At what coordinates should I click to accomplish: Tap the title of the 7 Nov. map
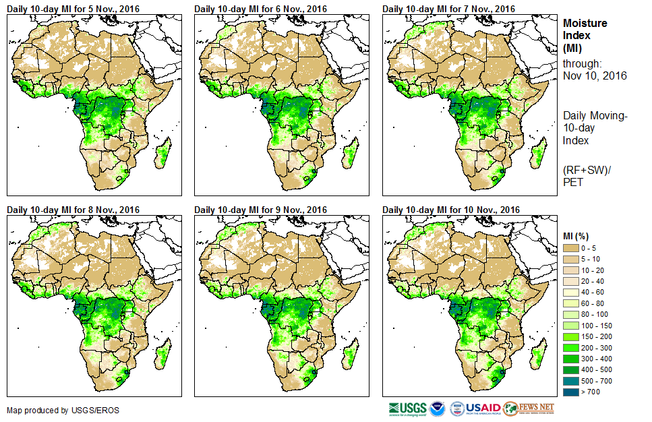(x=448, y=8)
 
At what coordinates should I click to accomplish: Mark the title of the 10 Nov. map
(x=451, y=210)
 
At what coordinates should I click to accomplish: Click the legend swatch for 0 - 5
(x=571, y=248)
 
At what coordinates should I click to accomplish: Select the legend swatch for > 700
(x=571, y=391)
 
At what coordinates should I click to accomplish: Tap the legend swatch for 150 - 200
(x=571, y=336)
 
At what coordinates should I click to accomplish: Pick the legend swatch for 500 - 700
(x=571, y=380)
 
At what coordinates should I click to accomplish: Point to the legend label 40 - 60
(x=593, y=292)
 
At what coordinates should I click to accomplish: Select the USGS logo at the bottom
(x=407, y=409)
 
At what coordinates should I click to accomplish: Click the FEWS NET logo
(x=530, y=409)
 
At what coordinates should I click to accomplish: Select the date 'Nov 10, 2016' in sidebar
(x=595, y=76)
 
